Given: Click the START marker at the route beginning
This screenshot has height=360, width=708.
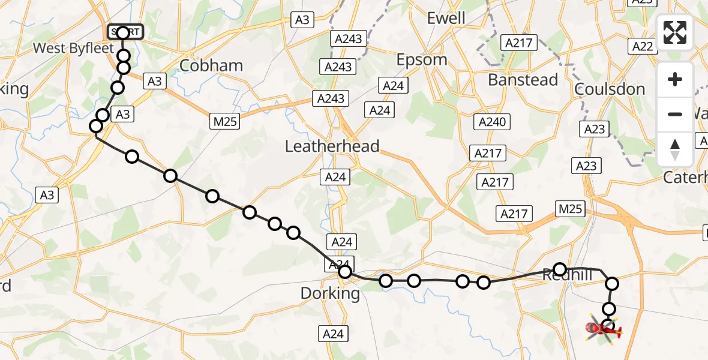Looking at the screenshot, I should [124, 32].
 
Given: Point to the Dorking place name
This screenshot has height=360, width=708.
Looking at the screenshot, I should [331, 294].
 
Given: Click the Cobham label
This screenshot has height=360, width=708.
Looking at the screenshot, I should [211, 65].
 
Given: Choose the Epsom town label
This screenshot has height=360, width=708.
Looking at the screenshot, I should [421, 60].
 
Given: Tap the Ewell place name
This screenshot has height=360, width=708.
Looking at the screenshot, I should [446, 18].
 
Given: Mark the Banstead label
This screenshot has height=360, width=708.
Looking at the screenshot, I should [523, 80].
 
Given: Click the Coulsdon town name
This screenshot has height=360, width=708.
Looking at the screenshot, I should [610, 89].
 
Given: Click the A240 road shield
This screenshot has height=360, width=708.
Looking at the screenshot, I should [493, 122].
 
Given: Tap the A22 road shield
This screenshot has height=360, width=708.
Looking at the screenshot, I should [642, 46].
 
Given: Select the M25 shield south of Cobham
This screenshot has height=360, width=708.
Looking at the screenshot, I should [226, 121].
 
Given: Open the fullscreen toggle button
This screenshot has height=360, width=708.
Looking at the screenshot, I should [675, 32].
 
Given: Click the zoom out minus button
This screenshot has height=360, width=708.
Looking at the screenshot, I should [675, 114].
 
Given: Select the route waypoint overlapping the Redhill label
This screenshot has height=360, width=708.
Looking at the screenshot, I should [560, 269].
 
